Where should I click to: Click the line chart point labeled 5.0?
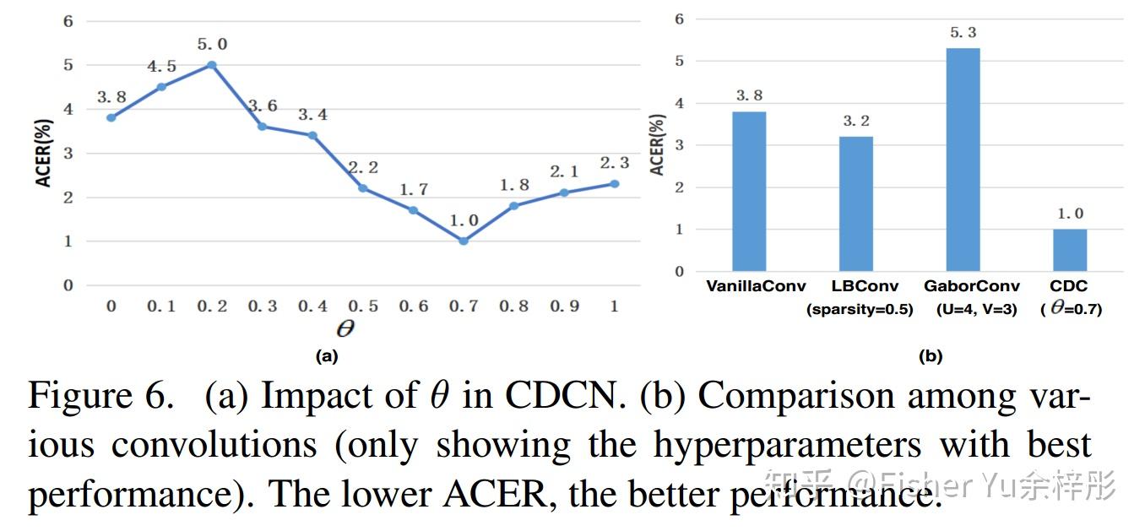pos(211,65)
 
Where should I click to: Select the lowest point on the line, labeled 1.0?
pos(464,241)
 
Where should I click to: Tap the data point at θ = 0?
pos(111,117)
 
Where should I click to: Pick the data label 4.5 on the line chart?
pos(160,67)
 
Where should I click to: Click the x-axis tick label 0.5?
pos(362,306)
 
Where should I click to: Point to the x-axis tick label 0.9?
pos(564,306)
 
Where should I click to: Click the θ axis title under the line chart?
pos(345,328)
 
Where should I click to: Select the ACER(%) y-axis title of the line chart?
pos(43,152)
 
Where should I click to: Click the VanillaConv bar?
pos(749,192)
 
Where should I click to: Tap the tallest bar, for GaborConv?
pos(963,160)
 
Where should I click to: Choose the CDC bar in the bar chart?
pos(1069,250)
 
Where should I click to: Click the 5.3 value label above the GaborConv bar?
pos(963,33)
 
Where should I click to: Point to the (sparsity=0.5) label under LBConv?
pos(860,309)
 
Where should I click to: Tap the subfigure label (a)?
pos(327,356)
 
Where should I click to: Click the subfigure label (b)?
pos(930,356)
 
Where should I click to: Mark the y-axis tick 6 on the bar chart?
pos(678,19)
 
